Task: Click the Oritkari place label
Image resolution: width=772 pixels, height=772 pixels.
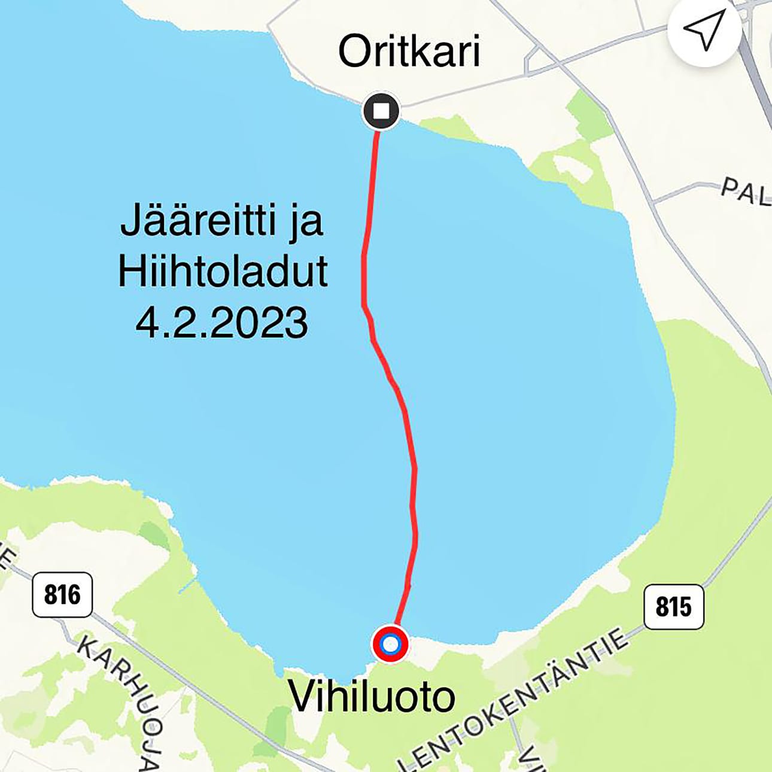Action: (x=409, y=51)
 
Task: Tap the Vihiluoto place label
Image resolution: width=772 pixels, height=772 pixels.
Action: (x=372, y=697)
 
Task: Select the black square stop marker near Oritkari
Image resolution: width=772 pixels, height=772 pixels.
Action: (x=381, y=111)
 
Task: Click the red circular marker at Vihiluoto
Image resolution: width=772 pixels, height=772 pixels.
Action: (x=390, y=645)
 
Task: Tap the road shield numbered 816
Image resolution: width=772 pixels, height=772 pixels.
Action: (x=62, y=595)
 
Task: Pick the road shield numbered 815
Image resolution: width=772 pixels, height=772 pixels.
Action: (x=673, y=607)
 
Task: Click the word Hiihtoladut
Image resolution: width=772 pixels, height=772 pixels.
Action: (x=223, y=272)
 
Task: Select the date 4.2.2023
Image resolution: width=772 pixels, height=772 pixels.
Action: (x=221, y=323)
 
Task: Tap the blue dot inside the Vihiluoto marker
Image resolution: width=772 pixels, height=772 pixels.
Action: (x=390, y=645)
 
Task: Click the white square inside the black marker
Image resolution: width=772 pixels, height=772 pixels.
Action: (x=381, y=111)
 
